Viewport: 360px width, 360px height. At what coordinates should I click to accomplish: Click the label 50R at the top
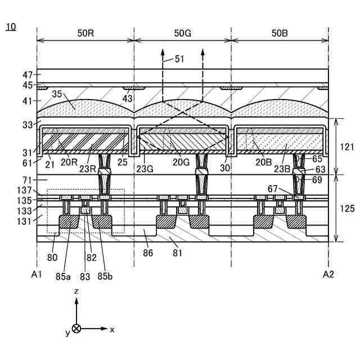tap(86, 33)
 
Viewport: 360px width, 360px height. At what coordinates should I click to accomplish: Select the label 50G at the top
tap(182, 33)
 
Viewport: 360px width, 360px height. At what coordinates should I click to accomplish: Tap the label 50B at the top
tap(280, 33)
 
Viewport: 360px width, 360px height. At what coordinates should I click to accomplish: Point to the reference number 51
tap(179, 58)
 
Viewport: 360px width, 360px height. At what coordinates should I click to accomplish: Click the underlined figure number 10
tap(11, 26)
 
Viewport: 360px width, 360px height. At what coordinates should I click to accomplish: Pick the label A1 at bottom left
tap(37, 274)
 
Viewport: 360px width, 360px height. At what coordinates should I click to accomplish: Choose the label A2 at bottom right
tap(329, 274)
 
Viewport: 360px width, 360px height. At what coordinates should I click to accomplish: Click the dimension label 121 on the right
tap(346, 146)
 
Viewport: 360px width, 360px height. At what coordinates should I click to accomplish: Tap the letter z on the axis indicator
tap(76, 292)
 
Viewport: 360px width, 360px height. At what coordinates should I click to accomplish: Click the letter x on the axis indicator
tap(112, 330)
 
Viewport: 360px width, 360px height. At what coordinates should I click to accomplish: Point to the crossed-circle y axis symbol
tap(76, 328)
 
